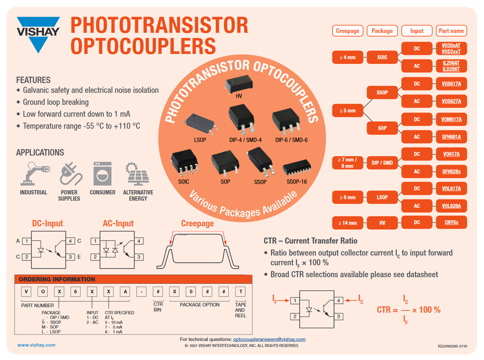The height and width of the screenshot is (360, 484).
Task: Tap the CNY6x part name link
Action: tap(451, 222)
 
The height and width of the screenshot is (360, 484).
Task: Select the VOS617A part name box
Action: tap(451, 84)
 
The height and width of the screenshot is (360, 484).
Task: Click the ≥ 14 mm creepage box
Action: tap(347, 222)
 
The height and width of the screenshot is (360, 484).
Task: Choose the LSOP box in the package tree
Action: tap(382, 197)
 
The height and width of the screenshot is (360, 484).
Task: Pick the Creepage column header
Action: tap(347, 31)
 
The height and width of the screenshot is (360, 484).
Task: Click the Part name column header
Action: tap(451, 31)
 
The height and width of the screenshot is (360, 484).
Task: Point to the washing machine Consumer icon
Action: tap(102, 174)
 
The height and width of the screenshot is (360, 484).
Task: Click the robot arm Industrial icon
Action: tap(33, 174)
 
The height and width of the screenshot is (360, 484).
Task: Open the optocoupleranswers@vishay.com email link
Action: tap(269, 339)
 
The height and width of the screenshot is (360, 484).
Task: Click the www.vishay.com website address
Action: tap(36, 345)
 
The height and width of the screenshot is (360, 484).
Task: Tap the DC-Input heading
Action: tap(48, 223)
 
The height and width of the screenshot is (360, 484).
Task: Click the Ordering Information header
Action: tap(57, 279)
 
